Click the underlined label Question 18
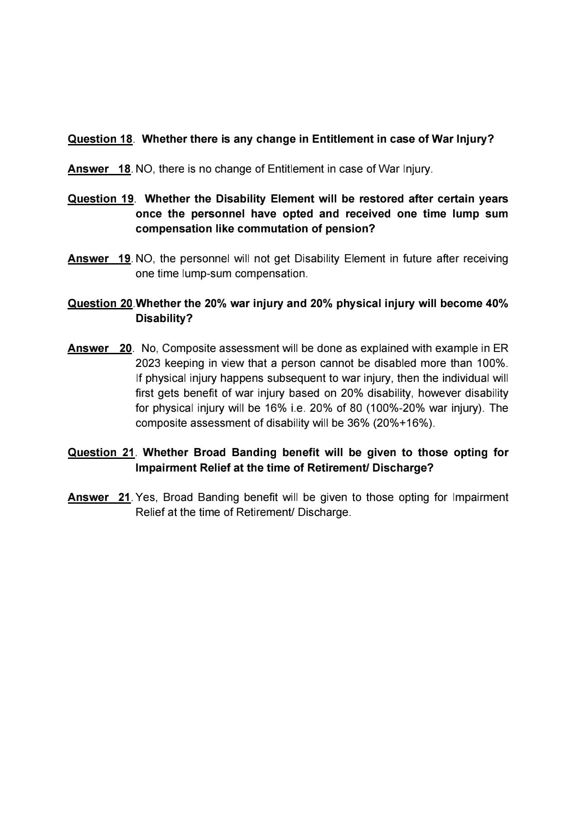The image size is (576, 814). click(x=100, y=139)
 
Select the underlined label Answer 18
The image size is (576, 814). click(x=99, y=169)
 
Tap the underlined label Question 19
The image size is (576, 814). click(x=100, y=199)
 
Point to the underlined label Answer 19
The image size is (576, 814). click(x=99, y=259)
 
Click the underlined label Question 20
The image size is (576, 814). click(x=100, y=303)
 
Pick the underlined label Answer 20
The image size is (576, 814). click(x=99, y=348)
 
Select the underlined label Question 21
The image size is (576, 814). click(x=101, y=453)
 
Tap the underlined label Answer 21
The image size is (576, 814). click(x=99, y=497)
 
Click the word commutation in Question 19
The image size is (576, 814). click(x=272, y=229)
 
